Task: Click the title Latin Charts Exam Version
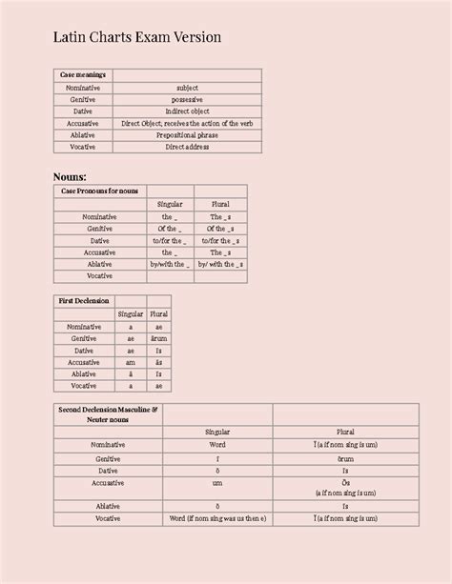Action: [137, 37]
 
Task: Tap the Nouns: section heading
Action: [70, 176]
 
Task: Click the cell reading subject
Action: [187, 88]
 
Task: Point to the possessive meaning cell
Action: [187, 100]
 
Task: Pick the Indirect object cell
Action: [187, 111]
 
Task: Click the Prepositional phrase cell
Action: [187, 135]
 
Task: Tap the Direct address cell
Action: [187, 148]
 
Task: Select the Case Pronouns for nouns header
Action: [99, 191]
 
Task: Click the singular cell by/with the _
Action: [170, 264]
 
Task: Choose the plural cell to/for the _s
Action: [220, 240]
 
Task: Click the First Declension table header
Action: [84, 301]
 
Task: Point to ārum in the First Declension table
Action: [158, 338]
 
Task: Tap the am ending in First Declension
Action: [131, 362]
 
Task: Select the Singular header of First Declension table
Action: [131, 313]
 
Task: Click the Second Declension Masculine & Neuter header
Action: [107, 413]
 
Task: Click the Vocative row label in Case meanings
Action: [83, 148]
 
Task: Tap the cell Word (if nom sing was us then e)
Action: [217, 519]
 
